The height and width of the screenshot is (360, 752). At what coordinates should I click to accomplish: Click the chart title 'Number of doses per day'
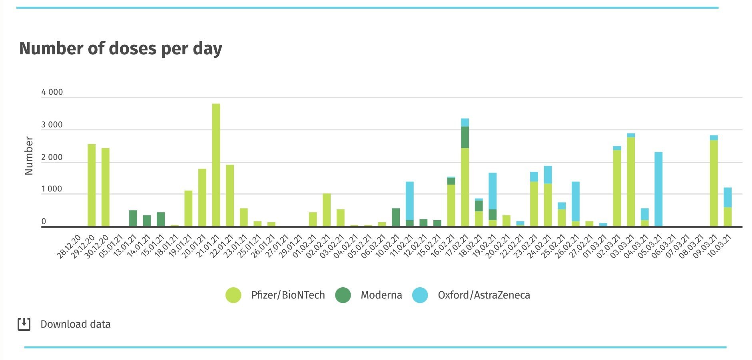point(120,49)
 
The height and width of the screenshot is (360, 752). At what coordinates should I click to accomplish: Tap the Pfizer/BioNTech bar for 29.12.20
point(92,185)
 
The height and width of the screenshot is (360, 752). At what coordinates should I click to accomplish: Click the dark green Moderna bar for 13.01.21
point(133,219)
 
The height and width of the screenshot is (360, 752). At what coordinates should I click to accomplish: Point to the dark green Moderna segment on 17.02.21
point(465,137)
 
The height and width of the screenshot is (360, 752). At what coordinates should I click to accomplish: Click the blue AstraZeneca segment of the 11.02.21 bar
point(409,201)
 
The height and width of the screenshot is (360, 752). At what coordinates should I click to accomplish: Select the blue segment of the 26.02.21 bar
point(575,201)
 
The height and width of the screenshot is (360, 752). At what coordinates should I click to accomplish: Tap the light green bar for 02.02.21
point(327,210)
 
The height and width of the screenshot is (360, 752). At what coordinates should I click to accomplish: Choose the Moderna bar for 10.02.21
point(396,217)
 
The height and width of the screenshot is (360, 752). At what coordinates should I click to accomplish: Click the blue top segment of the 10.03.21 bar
point(727,197)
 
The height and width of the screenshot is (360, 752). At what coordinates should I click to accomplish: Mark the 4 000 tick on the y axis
point(52,92)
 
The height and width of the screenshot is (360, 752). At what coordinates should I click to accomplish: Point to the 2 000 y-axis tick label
point(52,157)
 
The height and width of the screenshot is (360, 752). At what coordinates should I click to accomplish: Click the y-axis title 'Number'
point(29,156)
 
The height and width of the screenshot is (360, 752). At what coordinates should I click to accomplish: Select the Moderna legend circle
point(343,295)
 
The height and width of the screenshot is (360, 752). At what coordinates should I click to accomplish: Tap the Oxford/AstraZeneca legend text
point(484,295)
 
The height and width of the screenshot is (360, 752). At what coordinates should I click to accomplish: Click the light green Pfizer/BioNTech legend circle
point(233,295)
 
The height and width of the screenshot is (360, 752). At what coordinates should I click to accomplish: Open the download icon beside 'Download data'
point(24,324)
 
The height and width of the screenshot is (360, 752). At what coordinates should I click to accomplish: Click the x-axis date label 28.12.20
point(69,247)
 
